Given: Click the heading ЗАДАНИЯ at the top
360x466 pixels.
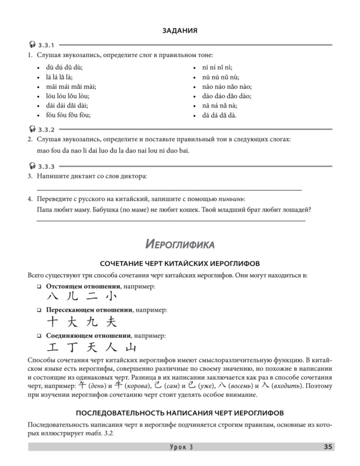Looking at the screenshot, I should (180, 31).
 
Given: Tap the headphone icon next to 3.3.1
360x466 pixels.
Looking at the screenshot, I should (32, 45).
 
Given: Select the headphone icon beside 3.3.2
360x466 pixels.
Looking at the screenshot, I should (32, 129).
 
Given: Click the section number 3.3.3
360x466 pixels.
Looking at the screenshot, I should (46, 166).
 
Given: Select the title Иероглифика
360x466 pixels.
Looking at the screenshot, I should (180, 245).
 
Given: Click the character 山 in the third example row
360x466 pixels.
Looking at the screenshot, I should (130, 348).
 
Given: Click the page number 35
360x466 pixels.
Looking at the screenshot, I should (328, 447).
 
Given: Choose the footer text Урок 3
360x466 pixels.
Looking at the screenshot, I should (181, 447).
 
